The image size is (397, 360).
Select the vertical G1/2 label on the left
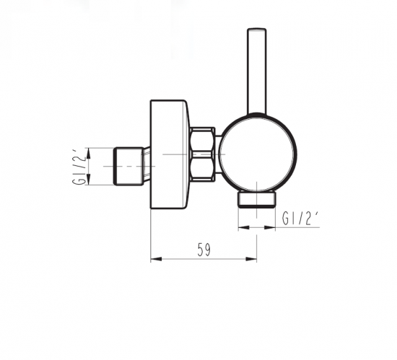(78, 166)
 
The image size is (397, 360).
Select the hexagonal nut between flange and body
(203, 154)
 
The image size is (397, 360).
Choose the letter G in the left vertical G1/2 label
(78, 180)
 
